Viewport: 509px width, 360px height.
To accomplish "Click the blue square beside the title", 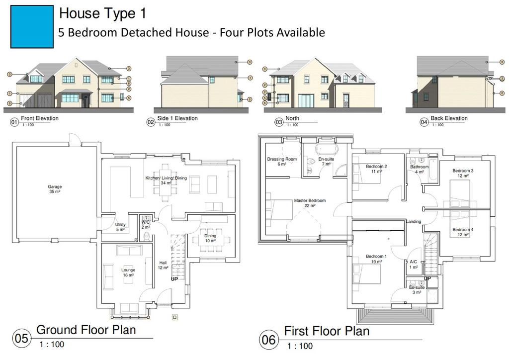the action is tap(32, 27).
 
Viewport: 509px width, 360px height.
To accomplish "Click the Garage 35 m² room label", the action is tap(55, 189).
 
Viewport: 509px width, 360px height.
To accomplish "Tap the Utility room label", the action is tap(120, 227).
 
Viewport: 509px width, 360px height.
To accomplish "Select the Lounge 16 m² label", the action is tap(128, 272).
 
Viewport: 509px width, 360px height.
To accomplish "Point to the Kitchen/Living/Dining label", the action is tap(166, 180).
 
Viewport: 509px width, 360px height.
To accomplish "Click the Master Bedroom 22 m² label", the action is tap(310, 203).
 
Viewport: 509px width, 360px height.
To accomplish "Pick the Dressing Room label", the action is tap(282, 161).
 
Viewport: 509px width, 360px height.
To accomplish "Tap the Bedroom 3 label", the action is tap(463, 173).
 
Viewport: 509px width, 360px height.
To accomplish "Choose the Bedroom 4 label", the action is tap(463, 232).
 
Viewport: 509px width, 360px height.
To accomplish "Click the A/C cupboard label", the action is tap(413, 264).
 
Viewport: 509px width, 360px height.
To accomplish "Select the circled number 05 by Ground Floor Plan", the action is tap(22, 338).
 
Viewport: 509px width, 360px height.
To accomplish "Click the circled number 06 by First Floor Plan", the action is tap(269, 340).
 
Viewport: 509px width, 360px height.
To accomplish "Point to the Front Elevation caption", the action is tap(40, 118).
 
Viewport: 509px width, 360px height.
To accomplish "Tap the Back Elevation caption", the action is tap(449, 118).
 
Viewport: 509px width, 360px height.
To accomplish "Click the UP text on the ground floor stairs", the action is tap(174, 279).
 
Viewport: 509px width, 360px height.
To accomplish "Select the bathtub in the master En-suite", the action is tap(327, 149).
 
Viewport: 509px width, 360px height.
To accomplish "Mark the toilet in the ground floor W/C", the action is tap(147, 236).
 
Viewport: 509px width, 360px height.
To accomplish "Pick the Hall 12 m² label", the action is tap(163, 265).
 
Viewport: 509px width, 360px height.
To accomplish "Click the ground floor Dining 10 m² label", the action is tap(210, 238).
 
